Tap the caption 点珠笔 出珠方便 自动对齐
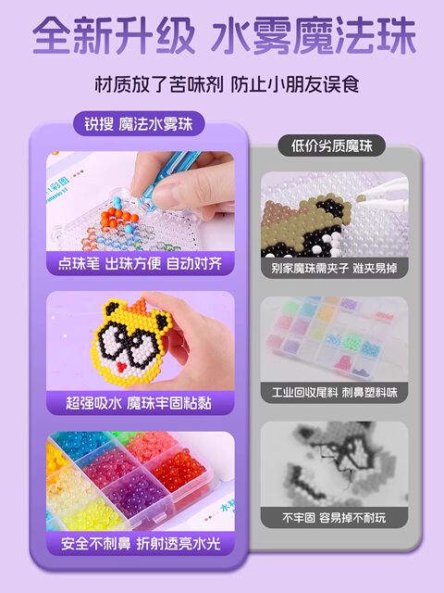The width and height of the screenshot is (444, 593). (140, 263)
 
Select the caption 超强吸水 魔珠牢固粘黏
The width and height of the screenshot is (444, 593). (140, 403)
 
